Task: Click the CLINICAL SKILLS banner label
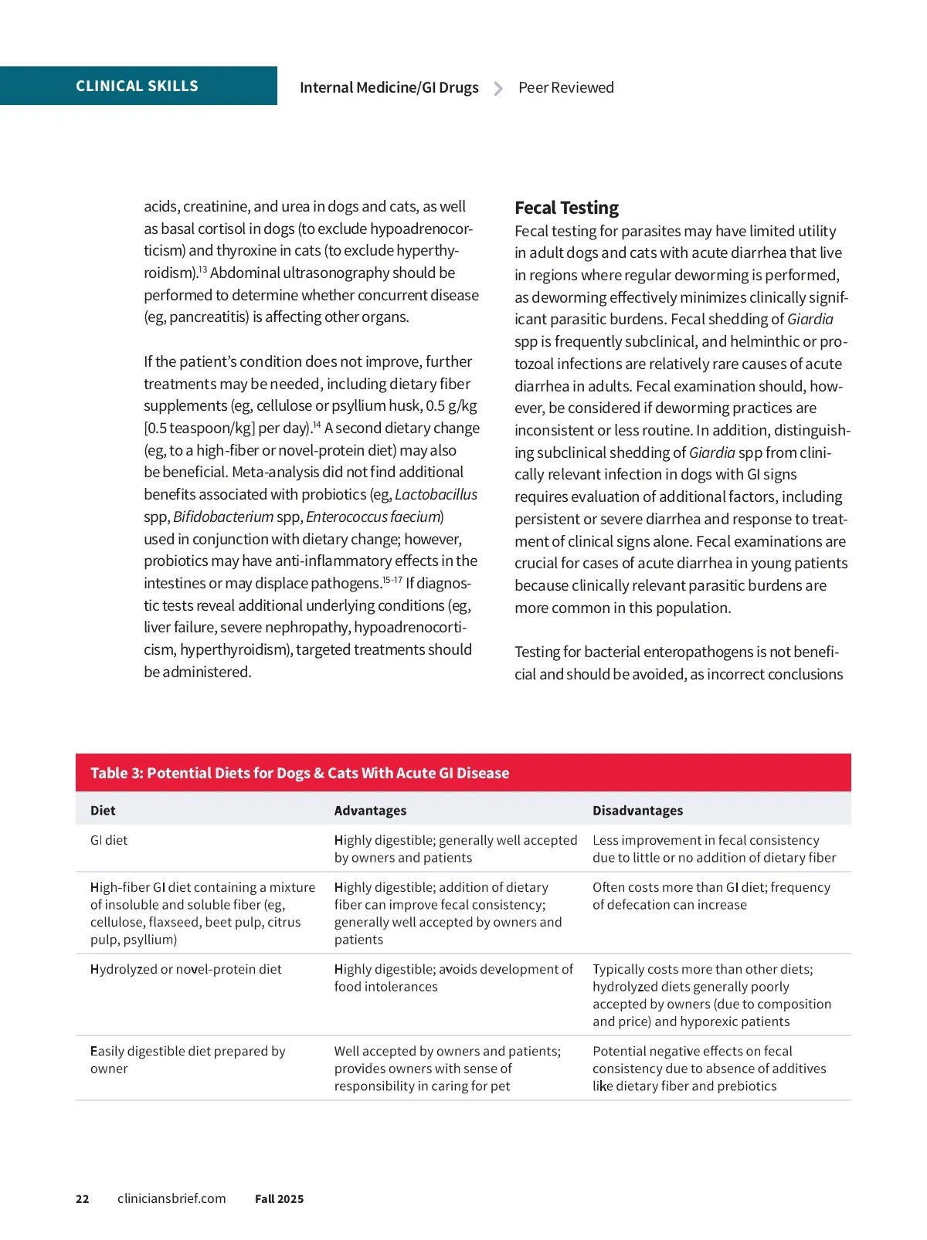pos(137,86)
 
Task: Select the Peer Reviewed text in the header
pos(565,88)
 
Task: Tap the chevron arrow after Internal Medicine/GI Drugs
pos(498,89)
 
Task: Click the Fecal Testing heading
pos(566,208)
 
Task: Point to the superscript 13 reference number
pos(202,269)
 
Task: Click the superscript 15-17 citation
pos(392,580)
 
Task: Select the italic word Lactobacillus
pos(436,495)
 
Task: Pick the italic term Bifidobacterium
pos(223,517)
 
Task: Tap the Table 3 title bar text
pos(300,774)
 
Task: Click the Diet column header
pos(103,811)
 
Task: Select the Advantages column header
pos(370,811)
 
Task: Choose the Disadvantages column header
pos(637,811)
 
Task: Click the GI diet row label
pos(109,840)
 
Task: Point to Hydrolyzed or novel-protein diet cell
pos(185,970)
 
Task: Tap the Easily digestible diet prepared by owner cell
pos(188,1060)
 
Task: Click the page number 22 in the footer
pos(83,1199)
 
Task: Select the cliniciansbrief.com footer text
pos(171,1198)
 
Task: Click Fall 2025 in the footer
pos(279,1199)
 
